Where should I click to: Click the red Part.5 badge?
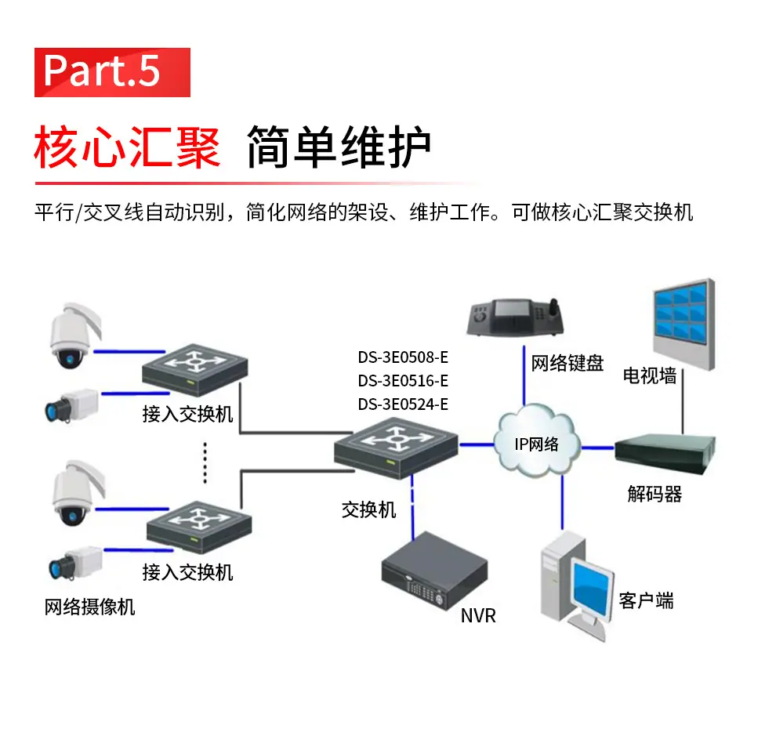pyautogui.click(x=112, y=72)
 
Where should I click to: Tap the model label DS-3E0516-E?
pyautogui.click(x=403, y=380)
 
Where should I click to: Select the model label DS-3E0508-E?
pyautogui.click(x=403, y=357)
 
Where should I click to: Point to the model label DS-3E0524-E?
pyautogui.click(x=403, y=404)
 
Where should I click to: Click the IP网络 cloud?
pyautogui.click(x=537, y=441)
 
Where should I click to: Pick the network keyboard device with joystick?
pyautogui.click(x=515, y=317)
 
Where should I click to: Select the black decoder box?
pyautogui.click(x=665, y=454)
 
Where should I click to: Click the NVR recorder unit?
pyautogui.click(x=434, y=571)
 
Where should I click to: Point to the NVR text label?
pyautogui.click(x=478, y=616)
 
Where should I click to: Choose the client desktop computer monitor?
pyautogui.click(x=591, y=589)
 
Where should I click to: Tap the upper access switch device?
pyautogui.click(x=194, y=370)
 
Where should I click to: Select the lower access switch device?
pyautogui.click(x=199, y=527)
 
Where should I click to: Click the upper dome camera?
pyautogui.click(x=74, y=335)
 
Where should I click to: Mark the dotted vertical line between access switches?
pyautogui.click(x=205, y=463)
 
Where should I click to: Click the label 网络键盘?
pyautogui.click(x=567, y=363)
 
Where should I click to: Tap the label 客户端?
pyautogui.click(x=646, y=600)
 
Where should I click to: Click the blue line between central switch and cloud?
pyautogui.click(x=477, y=444)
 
